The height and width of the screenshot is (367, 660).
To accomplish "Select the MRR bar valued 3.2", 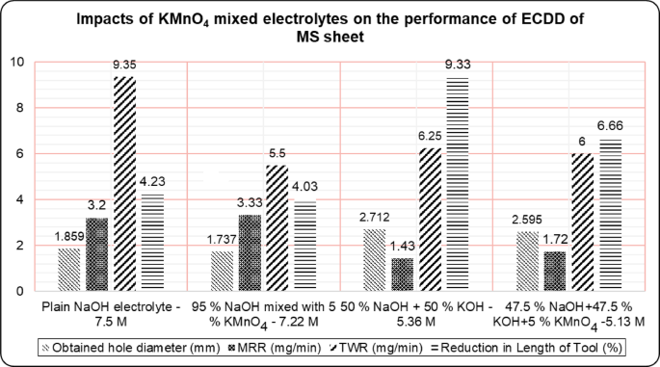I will (x=96, y=253).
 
